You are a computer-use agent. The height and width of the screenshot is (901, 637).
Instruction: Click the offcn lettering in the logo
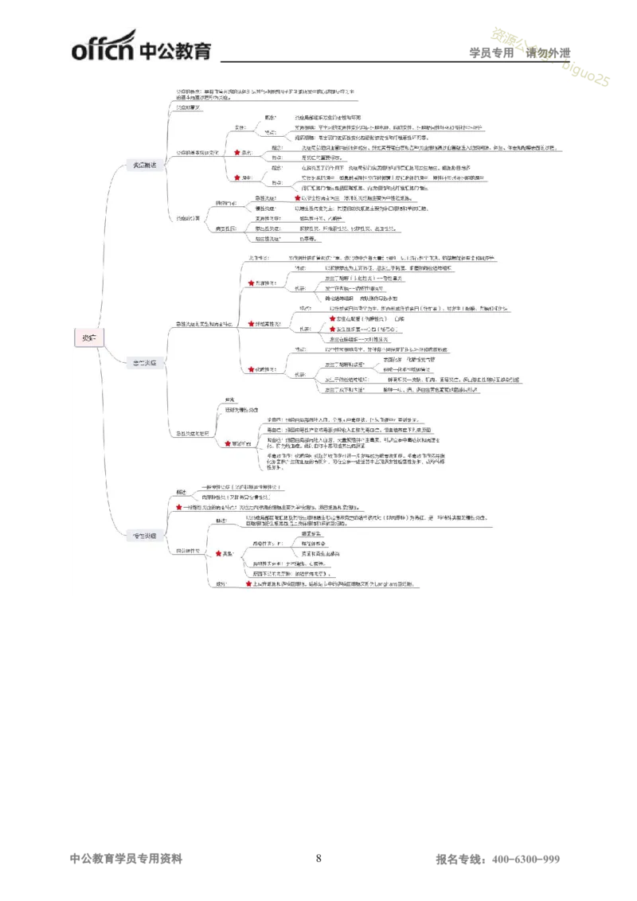pyautogui.click(x=103, y=50)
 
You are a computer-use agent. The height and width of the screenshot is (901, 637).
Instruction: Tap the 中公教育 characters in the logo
pyautogui.click(x=176, y=49)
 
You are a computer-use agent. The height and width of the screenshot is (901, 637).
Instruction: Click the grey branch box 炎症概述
pyautogui.click(x=147, y=165)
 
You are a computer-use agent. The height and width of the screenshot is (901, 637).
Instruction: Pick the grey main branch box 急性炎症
pyautogui.click(x=147, y=363)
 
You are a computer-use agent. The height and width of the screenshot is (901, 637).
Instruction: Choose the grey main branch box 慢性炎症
pyautogui.click(x=147, y=535)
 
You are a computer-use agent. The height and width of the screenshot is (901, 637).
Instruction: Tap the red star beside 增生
pyautogui.click(x=237, y=177)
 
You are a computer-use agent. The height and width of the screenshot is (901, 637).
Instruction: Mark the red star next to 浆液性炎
pyautogui.click(x=251, y=283)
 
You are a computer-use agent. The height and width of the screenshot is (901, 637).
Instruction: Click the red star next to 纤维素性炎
pyautogui.click(x=251, y=324)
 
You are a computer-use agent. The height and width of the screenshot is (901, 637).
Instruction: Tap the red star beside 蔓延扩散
pyautogui.click(x=227, y=443)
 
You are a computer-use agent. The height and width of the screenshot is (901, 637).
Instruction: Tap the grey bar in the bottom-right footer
pyautogui.click(x=497, y=860)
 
